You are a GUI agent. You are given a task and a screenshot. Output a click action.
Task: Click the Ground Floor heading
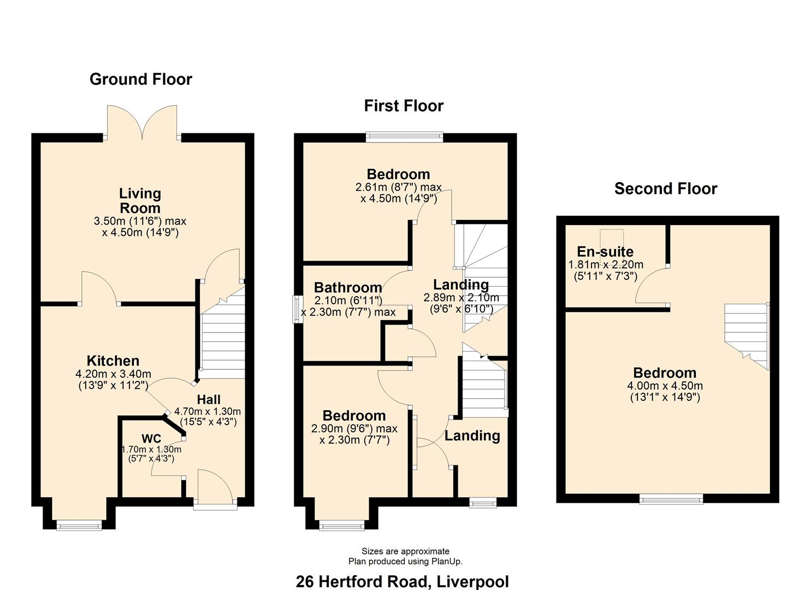(x=141, y=79)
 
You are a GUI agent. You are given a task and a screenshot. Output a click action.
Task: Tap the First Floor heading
(x=404, y=105)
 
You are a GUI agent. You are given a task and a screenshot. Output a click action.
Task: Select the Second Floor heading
(x=665, y=188)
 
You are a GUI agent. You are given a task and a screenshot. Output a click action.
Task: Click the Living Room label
(x=140, y=200)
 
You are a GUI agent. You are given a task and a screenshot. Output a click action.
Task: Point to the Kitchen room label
(x=113, y=361)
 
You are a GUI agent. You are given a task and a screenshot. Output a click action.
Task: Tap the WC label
(x=151, y=439)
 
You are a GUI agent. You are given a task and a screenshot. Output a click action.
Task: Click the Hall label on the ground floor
(x=209, y=399)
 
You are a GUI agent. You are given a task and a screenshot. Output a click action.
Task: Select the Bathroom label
(x=348, y=287)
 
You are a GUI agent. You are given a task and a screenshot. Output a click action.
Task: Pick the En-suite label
(x=605, y=252)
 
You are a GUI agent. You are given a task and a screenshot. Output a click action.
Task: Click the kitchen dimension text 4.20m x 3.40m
(x=113, y=374)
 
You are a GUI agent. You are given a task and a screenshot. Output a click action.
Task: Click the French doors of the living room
(x=143, y=121)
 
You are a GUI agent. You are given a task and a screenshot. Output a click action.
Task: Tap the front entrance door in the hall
(x=215, y=488)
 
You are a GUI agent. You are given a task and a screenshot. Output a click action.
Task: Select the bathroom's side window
(x=298, y=309)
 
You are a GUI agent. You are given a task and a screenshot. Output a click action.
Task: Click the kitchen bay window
(x=79, y=526)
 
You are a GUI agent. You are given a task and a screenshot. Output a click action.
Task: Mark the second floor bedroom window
(x=671, y=498)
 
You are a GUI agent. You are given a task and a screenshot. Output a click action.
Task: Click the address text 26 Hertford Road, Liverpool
(x=402, y=581)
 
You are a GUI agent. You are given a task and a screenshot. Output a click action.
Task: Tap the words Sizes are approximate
(x=405, y=551)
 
